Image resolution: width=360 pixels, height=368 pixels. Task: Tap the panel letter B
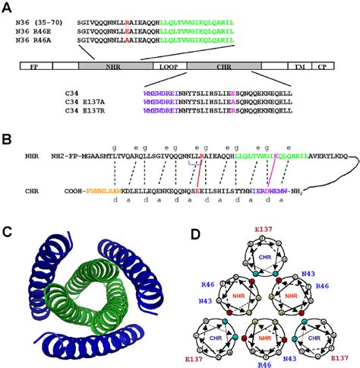[x=8, y=141]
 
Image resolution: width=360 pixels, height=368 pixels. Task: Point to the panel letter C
[x=8, y=233]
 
